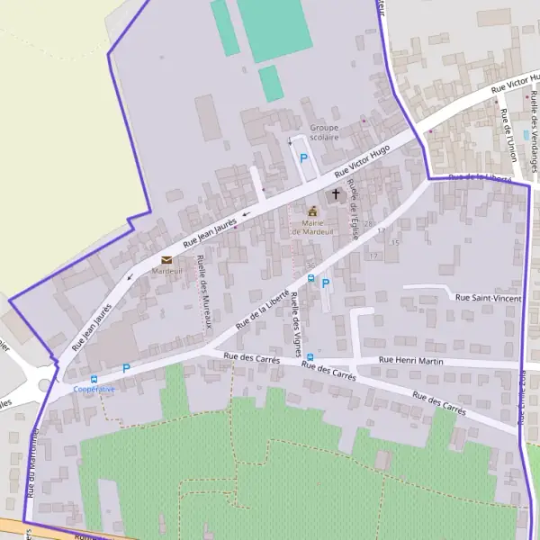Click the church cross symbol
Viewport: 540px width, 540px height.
point(337,193)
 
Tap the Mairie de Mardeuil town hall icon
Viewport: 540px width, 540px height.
point(313,211)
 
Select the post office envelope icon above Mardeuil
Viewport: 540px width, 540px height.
point(166,260)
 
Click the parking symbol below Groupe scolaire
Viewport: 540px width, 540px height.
point(304,157)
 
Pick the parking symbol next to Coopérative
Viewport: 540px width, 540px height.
point(126,368)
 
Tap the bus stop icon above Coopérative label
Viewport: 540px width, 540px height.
point(94,379)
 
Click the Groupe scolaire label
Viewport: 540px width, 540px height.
point(324,132)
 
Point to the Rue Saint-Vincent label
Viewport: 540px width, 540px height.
point(489,298)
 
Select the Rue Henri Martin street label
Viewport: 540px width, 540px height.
point(413,361)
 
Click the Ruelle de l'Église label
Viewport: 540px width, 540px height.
point(354,208)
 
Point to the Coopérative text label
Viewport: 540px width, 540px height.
point(94,389)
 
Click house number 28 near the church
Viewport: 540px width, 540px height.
point(368,224)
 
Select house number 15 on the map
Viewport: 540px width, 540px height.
point(395,242)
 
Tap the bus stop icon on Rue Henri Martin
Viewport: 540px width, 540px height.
point(310,357)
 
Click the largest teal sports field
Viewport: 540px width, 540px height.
point(274,30)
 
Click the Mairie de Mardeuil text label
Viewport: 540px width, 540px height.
point(312,227)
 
